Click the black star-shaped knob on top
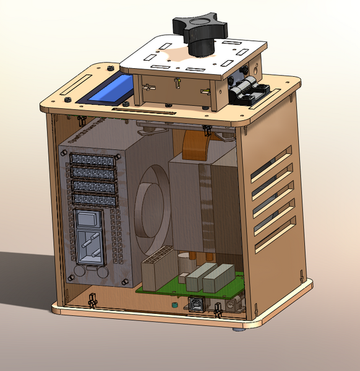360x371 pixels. point(200,29)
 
